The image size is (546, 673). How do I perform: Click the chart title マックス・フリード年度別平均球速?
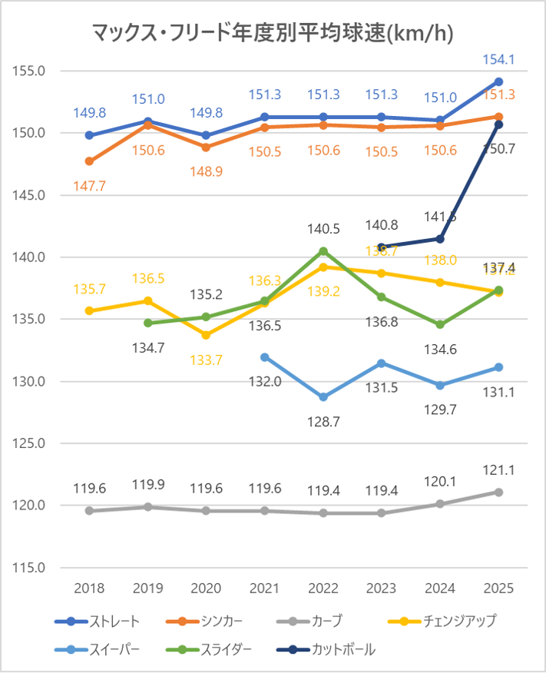[x=272, y=32]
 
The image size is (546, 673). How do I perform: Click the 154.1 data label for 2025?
[x=498, y=59]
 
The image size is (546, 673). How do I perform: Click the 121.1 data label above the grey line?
[x=498, y=469]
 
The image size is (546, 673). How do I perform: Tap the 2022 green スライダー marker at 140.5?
[x=323, y=251]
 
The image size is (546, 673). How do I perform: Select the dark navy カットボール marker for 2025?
[x=498, y=124]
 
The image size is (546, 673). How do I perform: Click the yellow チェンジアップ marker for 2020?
[x=207, y=335]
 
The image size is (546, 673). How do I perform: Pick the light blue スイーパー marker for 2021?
[x=265, y=356]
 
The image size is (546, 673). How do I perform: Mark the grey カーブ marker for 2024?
[x=440, y=504]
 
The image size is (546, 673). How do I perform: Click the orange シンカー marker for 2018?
[x=89, y=161]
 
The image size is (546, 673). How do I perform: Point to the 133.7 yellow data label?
[x=206, y=358]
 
